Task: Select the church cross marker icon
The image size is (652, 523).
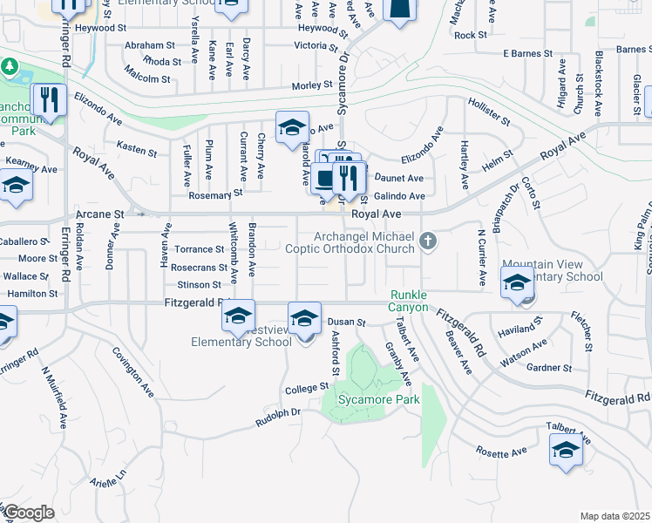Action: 427,240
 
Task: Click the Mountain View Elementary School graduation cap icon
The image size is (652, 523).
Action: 517,282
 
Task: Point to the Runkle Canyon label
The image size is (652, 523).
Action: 409,302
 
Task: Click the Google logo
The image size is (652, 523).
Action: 28,513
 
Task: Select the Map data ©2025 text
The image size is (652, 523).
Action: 615,516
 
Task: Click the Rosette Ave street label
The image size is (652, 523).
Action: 501,452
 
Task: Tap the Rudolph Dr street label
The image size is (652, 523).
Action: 277,418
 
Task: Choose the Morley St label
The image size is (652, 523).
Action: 307,85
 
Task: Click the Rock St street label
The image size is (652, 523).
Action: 470,35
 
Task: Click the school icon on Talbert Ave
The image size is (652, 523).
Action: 566,451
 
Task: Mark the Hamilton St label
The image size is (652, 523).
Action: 32,294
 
